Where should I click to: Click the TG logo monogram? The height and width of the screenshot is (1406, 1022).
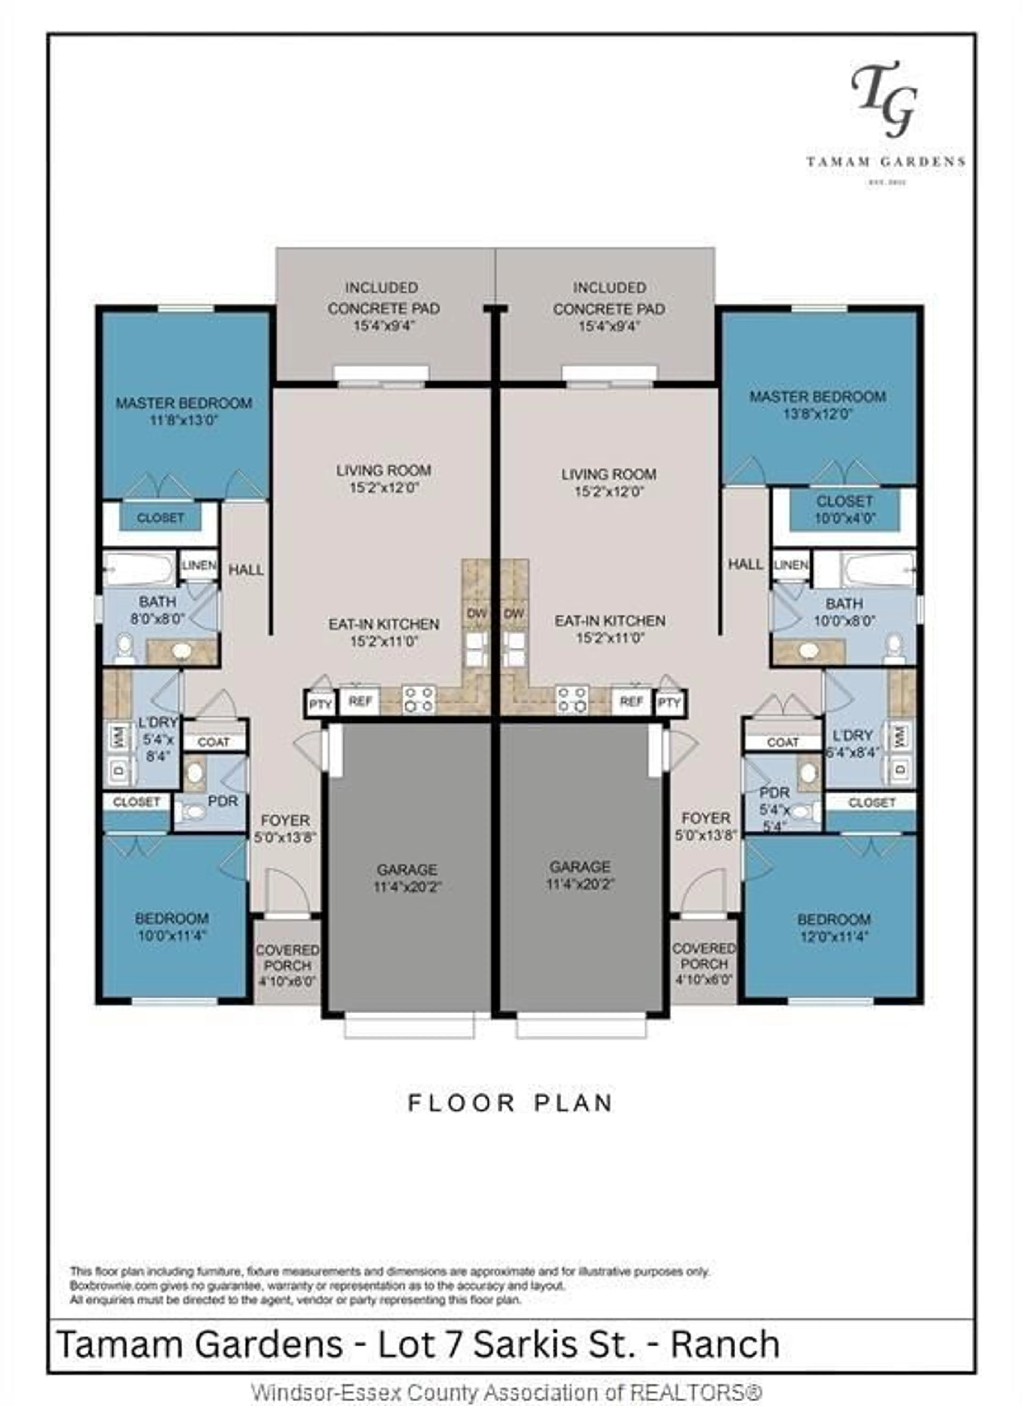click(884, 99)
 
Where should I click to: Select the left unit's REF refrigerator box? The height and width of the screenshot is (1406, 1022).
click(360, 701)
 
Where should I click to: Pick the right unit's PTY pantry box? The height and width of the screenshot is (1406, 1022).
click(669, 703)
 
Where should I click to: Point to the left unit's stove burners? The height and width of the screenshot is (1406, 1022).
click(419, 699)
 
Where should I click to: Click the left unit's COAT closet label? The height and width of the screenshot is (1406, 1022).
click(213, 742)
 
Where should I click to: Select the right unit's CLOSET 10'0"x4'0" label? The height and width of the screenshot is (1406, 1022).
click(844, 509)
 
